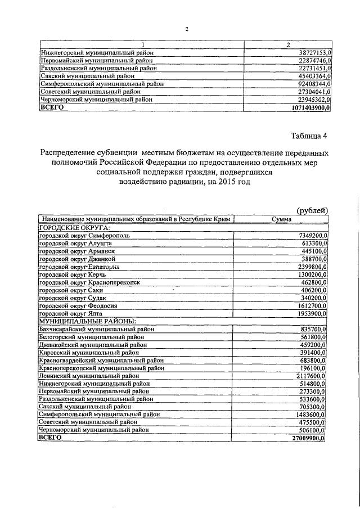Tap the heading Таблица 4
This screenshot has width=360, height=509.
click(x=308, y=136)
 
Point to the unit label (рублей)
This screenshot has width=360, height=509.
click(x=312, y=210)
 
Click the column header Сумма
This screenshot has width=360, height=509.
click(x=281, y=219)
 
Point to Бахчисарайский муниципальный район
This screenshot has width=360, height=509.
click(x=96, y=329)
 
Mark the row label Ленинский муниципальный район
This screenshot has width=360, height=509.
click(x=89, y=376)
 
